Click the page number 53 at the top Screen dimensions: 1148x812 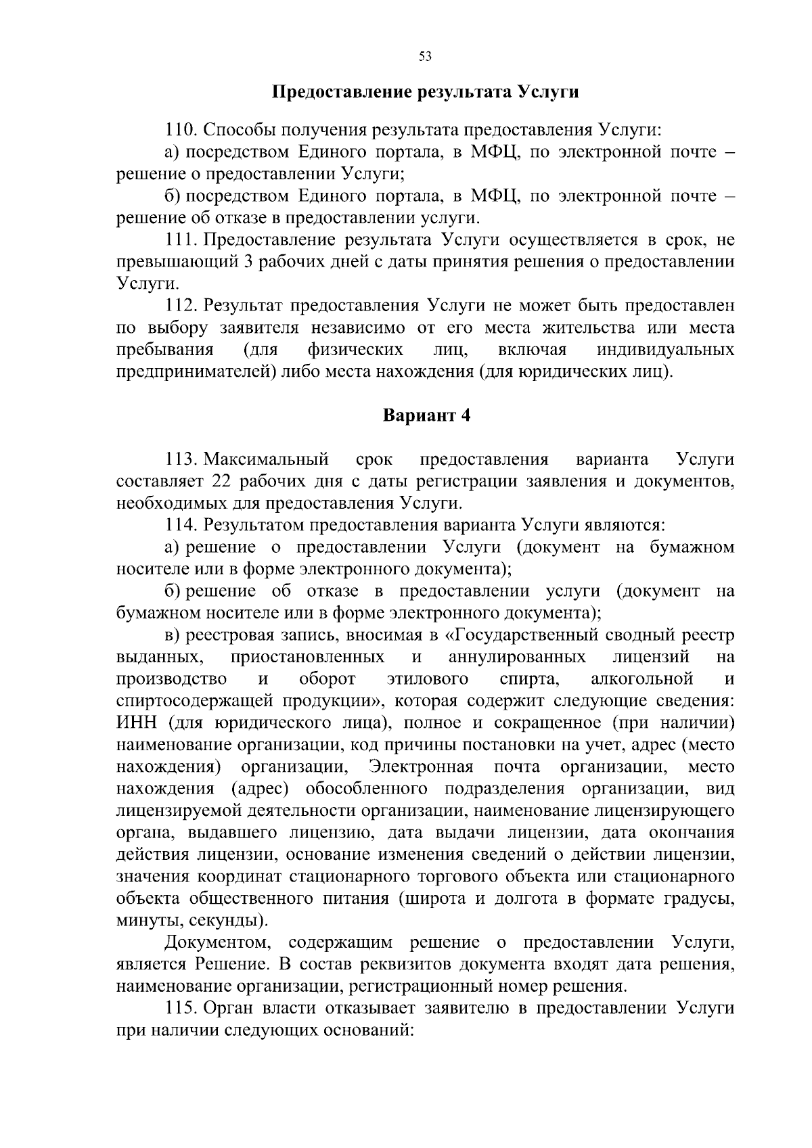425,57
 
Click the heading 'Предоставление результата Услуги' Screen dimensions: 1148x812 425,92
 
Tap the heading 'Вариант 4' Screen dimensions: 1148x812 426,415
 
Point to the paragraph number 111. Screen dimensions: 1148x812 181,240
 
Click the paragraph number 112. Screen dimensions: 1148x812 181,306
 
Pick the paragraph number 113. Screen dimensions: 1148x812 181,460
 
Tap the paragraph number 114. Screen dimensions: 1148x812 181,525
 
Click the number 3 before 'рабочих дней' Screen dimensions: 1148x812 248,262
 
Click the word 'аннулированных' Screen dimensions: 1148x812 517,657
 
